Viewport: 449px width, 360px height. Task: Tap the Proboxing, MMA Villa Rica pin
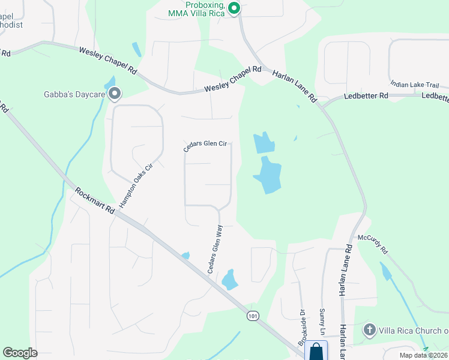tap(235, 8)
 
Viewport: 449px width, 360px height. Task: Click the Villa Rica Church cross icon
tap(370, 330)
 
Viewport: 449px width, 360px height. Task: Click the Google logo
tap(20, 353)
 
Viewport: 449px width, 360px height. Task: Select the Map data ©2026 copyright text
tap(423, 355)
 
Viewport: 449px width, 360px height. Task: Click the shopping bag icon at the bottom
tap(316, 352)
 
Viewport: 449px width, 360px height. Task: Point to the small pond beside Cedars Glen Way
tap(229, 279)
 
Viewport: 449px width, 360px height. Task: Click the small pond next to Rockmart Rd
tap(185, 256)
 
